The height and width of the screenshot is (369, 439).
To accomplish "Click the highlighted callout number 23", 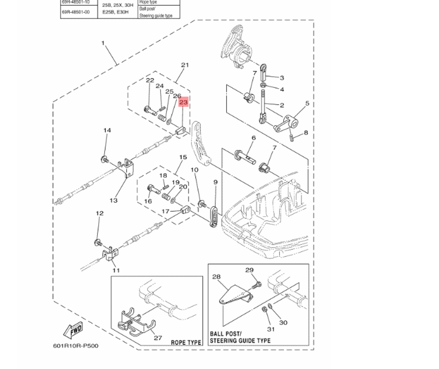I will [x=184, y=102].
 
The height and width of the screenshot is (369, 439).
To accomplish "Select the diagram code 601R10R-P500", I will [x=76, y=345].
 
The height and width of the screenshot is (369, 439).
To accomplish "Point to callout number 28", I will [x=216, y=277].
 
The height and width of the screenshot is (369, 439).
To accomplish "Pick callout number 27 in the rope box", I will [x=158, y=338].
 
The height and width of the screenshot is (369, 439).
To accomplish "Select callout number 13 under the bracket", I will [x=114, y=200].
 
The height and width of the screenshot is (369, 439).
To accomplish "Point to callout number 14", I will [x=107, y=130].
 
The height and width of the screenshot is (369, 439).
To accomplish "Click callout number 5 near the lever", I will [x=307, y=104].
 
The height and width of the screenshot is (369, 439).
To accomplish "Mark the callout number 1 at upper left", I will [x=103, y=43].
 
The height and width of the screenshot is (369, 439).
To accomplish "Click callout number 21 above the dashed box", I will [x=185, y=65].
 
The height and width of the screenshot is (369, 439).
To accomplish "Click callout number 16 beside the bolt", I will [x=148, y=201].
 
